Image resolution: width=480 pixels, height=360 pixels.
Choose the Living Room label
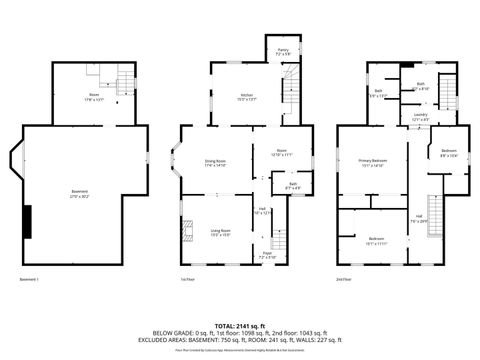[x=220, y=230]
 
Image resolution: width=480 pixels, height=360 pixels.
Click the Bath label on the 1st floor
[x=293, y=184]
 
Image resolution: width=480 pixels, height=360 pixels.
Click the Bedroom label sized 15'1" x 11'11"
[x=376, y=240]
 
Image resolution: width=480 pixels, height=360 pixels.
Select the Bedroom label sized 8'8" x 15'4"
[x=448, y=153]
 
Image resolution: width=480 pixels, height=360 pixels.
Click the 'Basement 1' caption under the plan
[x=30, y=278]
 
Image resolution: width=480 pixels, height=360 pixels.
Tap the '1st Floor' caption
[x=186, y=278]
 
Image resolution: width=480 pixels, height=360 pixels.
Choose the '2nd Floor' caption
[x=344, y=278]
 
